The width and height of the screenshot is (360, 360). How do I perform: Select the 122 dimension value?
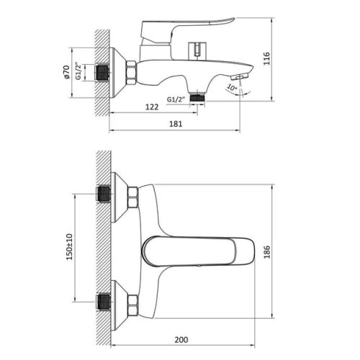tap(151, 107)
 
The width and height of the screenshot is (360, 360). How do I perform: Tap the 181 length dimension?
tap(175, 123)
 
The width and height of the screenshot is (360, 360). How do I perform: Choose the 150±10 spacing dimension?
tap(71, 252)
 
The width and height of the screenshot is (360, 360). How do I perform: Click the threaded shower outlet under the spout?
tap(196, 94)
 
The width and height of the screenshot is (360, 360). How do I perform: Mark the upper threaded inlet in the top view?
tap(104, 194)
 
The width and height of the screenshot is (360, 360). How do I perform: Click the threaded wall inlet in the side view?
tap(104, 73)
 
